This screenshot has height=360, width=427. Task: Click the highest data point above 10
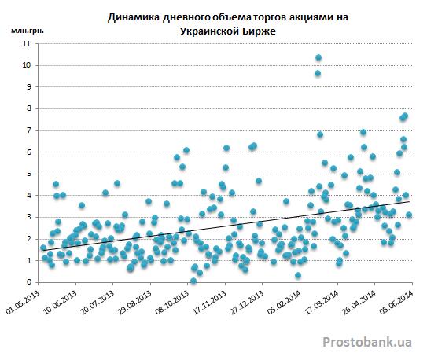point(318,57)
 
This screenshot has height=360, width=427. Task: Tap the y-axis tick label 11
point(27,44)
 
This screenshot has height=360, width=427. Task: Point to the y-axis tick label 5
point(29,174)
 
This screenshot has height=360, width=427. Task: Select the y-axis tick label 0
point(29,282)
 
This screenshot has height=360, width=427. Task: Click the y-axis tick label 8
point(29,108)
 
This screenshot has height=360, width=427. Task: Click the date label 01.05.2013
point(23,302)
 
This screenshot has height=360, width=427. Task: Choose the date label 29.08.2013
point(135,302)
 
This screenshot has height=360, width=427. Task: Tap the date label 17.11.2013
point(210,302)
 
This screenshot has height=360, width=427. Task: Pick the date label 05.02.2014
point(285,302)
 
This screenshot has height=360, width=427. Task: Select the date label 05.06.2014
point(397,302)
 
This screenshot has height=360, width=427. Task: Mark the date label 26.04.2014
point(359,302)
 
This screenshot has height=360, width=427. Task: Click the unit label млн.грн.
point(28,31)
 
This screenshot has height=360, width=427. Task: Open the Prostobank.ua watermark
point(367,342)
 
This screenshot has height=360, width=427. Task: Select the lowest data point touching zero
point(193,281)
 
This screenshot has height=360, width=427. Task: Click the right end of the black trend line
point(409,201)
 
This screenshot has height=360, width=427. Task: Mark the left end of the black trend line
point(43,250)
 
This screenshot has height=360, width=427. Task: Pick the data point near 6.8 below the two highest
point(320,134)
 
